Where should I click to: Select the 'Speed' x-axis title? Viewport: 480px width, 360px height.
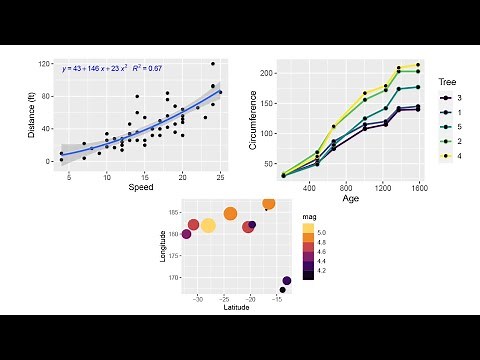coord(141,187)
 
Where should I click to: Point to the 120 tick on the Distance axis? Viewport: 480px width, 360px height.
coord(45,64)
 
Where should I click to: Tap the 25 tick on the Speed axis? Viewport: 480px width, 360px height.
coord(220,177)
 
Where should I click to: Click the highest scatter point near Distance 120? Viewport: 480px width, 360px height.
coord(213,64)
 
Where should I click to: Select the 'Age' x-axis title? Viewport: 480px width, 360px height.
coord(350,198)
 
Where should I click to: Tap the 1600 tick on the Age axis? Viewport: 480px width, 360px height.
coord(417,187)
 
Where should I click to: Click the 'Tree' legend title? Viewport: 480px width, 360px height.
coord(448,81)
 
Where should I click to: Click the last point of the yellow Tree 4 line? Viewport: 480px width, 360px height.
coord(417,65)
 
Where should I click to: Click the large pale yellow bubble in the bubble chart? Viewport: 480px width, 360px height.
coord(208,225)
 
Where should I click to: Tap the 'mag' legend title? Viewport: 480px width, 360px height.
coord(310,216)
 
